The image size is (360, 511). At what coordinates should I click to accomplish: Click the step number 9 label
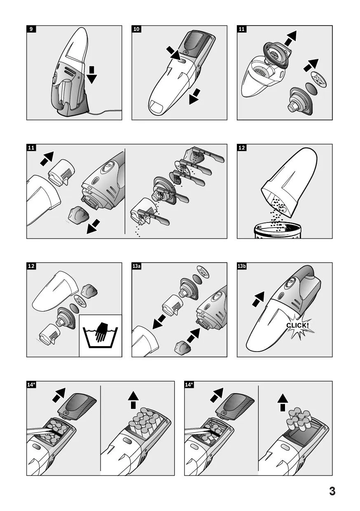(31, 29)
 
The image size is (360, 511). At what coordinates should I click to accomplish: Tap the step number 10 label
(136, 29)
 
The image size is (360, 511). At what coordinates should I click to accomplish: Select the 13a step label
(136, 266)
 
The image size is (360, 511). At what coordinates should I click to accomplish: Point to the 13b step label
(242, 266)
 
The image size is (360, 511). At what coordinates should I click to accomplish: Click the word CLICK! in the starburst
(298, 325)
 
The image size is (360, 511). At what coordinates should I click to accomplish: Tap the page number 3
(332, 491)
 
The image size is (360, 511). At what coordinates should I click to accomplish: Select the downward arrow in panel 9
(92, 75)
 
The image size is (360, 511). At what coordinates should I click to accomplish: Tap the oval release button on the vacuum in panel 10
(182, 61)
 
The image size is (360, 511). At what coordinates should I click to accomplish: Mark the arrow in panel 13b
(258, 299)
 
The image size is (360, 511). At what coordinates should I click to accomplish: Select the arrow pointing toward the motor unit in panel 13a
(193, 335)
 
